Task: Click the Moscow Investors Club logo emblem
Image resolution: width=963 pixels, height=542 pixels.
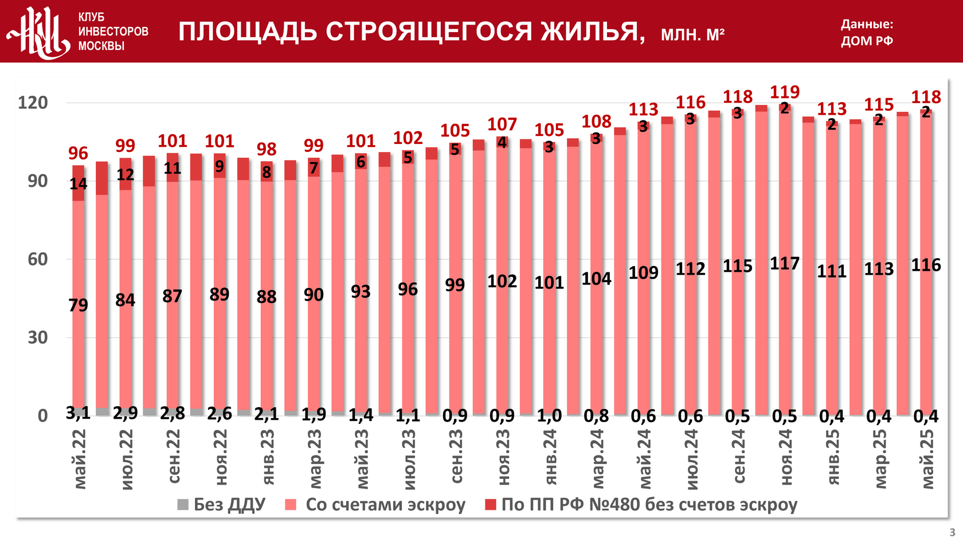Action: click(x=38, y=32)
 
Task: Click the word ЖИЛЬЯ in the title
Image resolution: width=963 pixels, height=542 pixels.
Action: click(x=593, y=32)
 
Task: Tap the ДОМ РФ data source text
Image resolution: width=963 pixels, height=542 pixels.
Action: click(x=867, y=41)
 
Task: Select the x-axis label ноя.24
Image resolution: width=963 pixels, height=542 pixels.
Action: click(x=785, y=457)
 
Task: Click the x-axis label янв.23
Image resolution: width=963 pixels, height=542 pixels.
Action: click(x=267, y=457)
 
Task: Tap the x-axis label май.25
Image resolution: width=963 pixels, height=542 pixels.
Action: click(x=927, y=459)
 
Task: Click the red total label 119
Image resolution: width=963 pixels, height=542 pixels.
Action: click(x=784, y=92)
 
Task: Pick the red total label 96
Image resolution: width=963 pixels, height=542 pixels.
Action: click(x=78, y=153)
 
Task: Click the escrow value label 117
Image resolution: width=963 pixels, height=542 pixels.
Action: click(x=784, y=264)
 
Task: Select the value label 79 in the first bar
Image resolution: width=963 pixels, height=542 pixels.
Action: click(x=78, y=305)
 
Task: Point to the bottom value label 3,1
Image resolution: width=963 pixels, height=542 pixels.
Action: click(x=78, y=413)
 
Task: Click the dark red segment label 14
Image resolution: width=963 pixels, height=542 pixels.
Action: click(x=78, y=184)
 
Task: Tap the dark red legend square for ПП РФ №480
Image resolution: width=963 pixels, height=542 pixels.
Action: click(x=491, y=505)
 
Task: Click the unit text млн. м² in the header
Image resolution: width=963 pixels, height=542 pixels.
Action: click(x=692, y=35)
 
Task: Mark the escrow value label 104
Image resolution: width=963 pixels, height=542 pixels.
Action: click(x=596, y=279)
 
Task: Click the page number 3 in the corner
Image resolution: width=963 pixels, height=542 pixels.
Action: click(x=952, y=532)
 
